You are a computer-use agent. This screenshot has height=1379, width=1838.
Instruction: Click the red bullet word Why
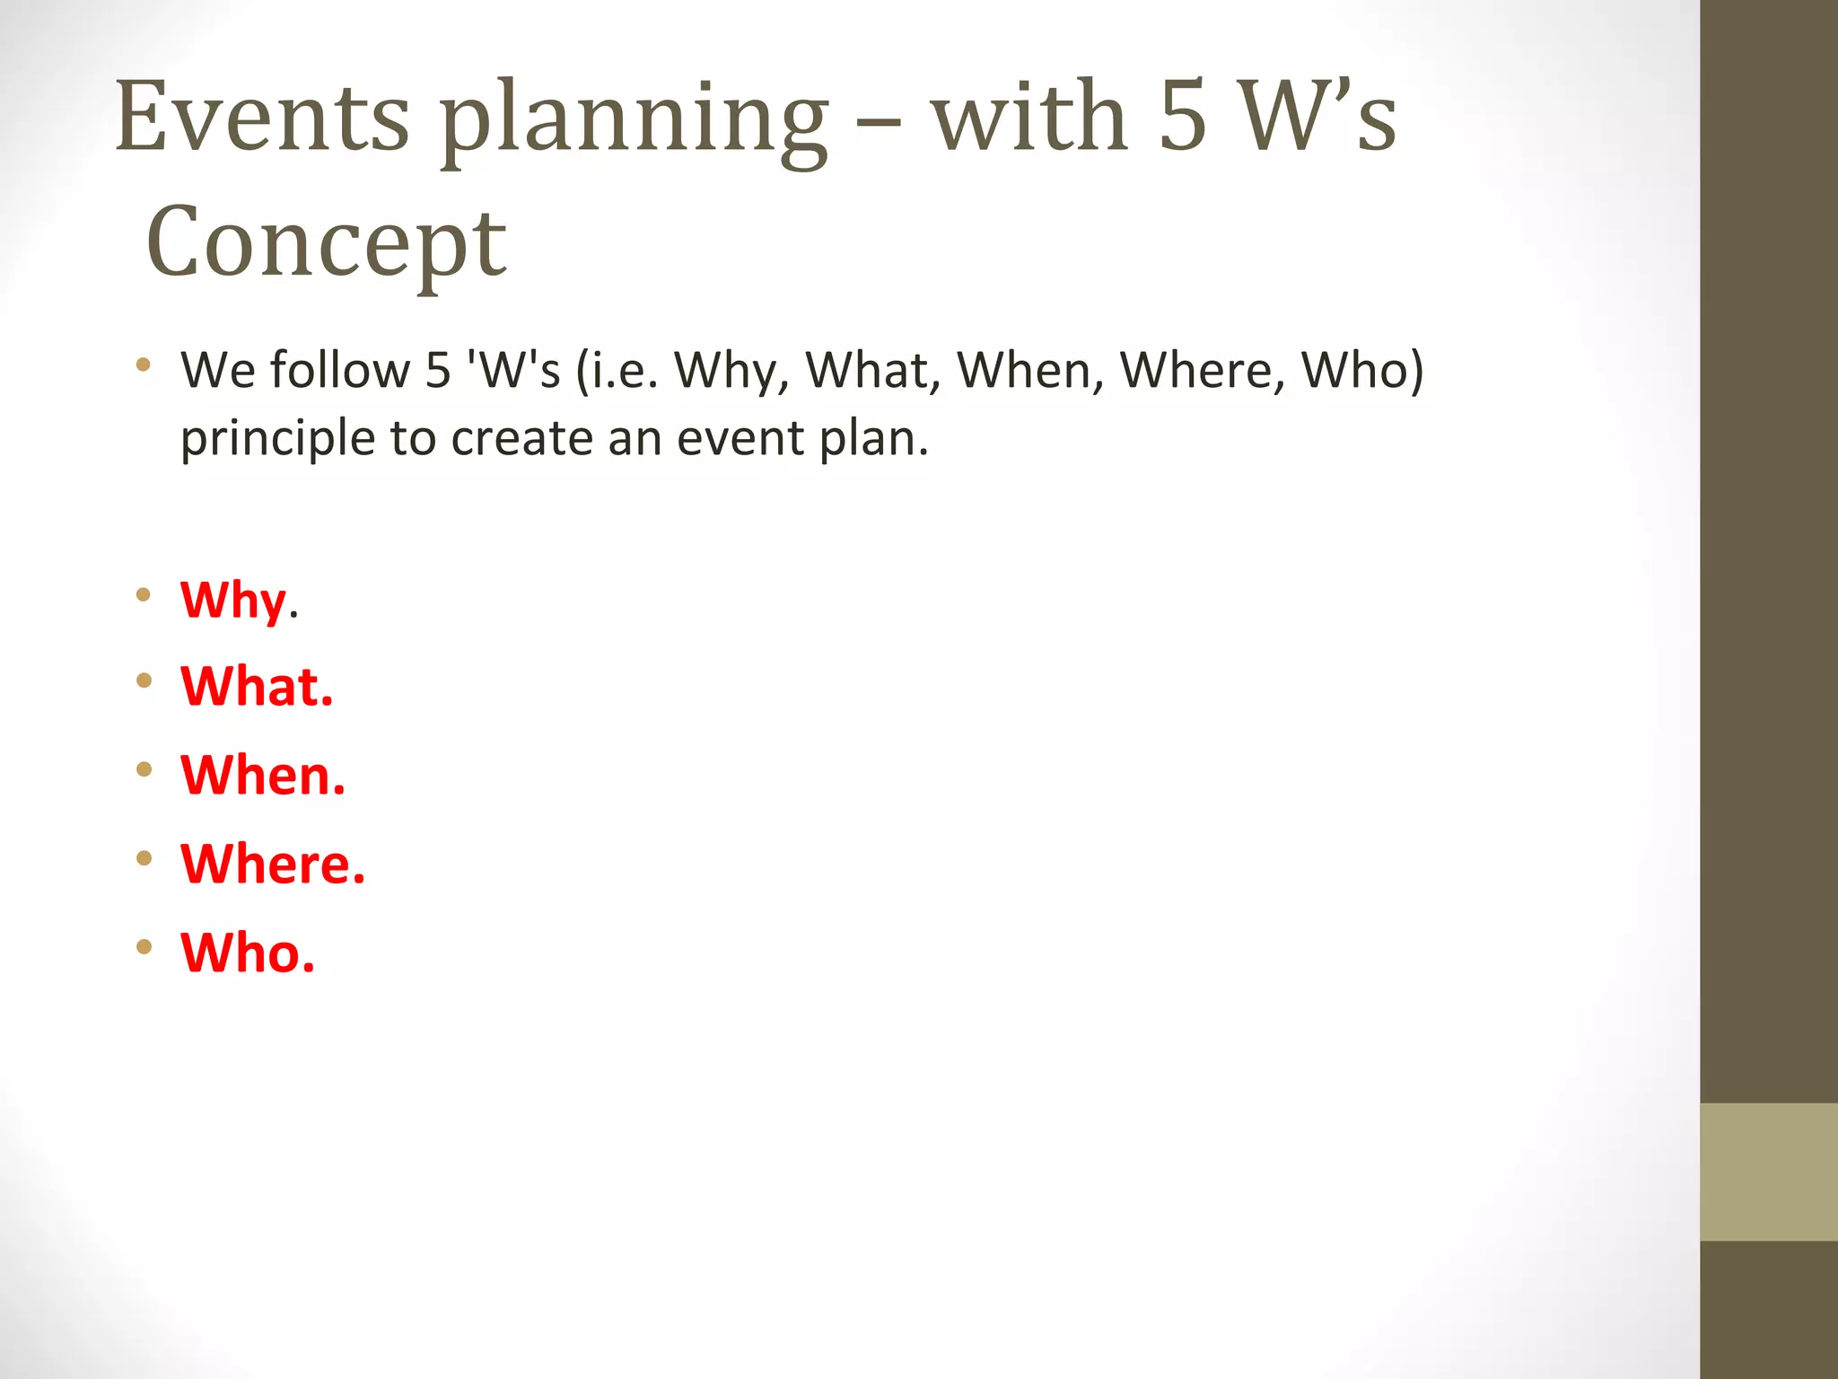(233, 600)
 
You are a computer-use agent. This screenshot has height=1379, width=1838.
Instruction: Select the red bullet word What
(257, 687)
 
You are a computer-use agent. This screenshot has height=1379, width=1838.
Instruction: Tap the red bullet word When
(262, 775)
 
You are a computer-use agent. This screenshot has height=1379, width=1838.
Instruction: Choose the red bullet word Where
(273, 864)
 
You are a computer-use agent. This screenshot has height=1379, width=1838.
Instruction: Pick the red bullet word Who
(248, 952)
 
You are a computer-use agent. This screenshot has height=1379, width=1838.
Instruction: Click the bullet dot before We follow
(144, 365)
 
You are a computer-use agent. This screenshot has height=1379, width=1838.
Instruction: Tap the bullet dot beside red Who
(144, 946)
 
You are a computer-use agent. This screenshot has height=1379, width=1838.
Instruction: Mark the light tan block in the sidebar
(1768, 1172)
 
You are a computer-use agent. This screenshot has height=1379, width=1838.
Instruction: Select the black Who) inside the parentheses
(1362, 370)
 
